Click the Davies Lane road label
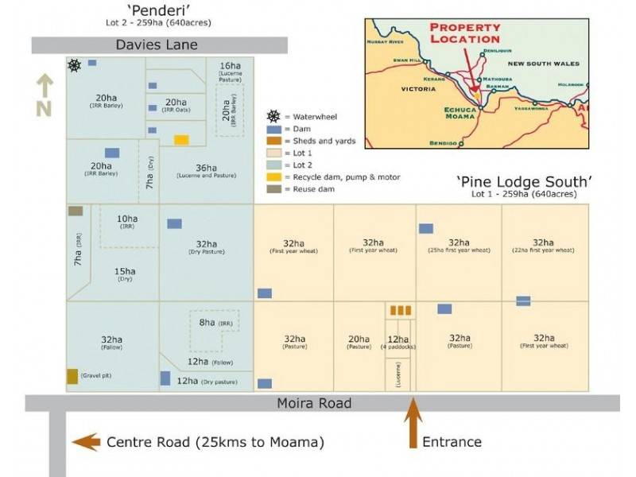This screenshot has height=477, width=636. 157,45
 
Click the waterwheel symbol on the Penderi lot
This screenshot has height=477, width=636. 74,65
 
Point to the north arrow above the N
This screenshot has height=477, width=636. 44,83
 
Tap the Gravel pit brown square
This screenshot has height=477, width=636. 72,377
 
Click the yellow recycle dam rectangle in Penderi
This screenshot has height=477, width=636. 181,140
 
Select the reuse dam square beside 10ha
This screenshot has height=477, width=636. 75,211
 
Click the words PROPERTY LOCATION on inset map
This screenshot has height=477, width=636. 465,33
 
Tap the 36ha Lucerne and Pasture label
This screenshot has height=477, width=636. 206,170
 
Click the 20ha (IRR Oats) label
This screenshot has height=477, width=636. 175,105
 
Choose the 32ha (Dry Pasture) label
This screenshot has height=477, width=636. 206,247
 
